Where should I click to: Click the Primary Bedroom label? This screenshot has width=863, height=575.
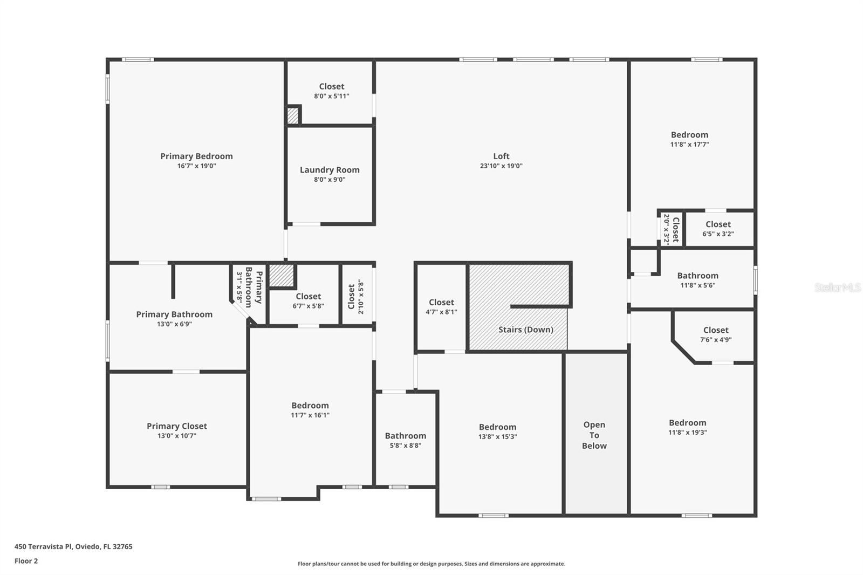pos(196,156)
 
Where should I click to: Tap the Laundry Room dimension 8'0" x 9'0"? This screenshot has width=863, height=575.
pos(330,180)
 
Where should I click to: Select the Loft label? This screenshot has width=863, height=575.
pos(501,156)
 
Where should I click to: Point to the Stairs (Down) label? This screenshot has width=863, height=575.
pos(525,330)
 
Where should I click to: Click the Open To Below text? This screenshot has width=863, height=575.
pos(594,435)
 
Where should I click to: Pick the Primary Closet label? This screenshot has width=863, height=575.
pos(177,426)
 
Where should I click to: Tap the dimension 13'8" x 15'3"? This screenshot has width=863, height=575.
pos(497,437)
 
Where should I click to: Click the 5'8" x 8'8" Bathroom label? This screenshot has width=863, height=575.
pos(405,436)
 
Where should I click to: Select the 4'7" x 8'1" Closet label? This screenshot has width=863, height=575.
pos(441,303)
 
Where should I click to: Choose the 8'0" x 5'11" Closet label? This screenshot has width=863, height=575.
pos(331,86)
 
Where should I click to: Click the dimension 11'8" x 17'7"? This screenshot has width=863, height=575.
pos(689,145)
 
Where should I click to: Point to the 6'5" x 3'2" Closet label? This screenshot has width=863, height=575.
pos(718,224)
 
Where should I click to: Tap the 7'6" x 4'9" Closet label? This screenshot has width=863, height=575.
pos(716,330)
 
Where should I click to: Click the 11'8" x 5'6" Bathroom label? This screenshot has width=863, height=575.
pos(697,276)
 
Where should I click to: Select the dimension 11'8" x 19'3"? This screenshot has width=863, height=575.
pos(687,433)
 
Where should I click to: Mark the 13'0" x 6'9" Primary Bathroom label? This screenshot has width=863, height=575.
pos(174,314)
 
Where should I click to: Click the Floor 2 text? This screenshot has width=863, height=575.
pos(26,561)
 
